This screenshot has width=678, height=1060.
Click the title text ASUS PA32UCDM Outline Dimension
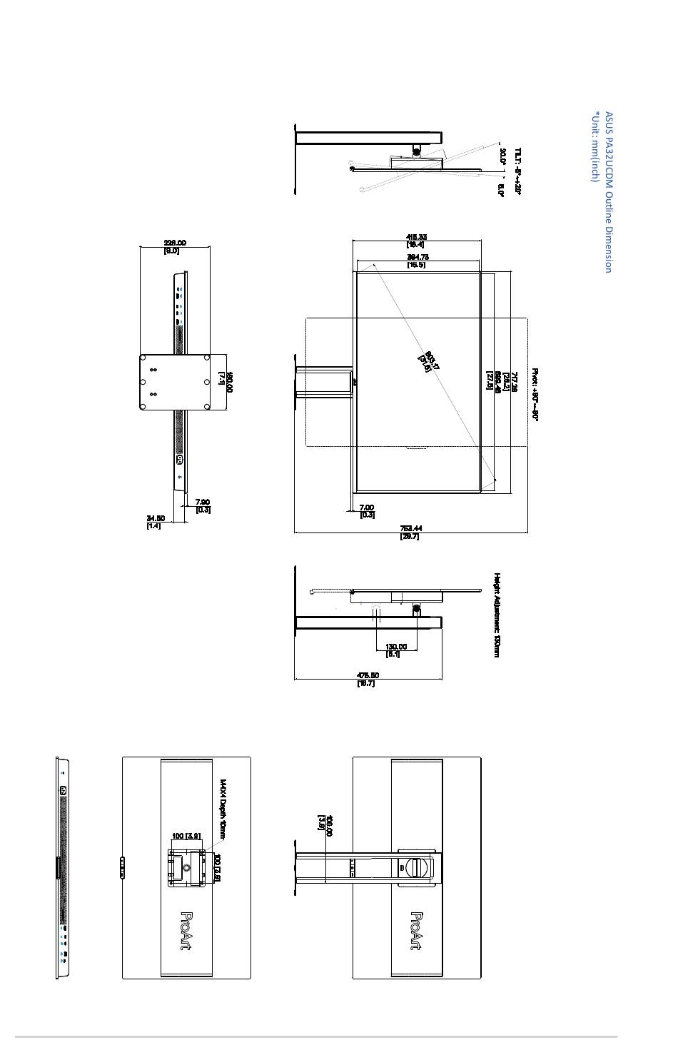pos(608,191)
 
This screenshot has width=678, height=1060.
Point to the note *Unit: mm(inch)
pos(594,146)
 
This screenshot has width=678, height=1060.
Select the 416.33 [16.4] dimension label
pos(416,241)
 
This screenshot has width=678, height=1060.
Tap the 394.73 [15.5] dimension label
pos(417,261)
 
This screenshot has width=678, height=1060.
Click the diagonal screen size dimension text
pos(429,362)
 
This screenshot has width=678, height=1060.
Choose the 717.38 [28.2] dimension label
pos(510,380)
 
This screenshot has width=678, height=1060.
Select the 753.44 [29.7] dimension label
pos(410,532)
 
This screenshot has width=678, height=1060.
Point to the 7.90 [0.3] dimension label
pos(203,505)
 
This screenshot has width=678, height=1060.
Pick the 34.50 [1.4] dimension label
pos(155,522)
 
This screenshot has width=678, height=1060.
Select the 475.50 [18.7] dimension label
pos(368,679)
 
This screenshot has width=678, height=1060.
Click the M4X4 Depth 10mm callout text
pos(223,809)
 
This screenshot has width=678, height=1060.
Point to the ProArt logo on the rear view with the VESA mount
pos(188,931)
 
